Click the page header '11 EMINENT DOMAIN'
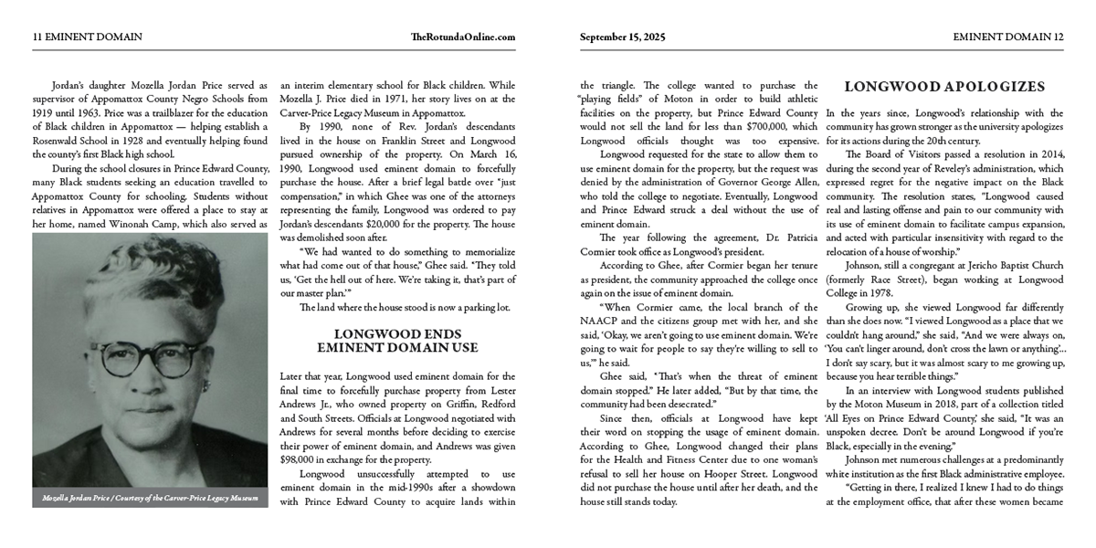pyautogui.click(x=88, y=37)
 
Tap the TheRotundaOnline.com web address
pyautogui.click(x=463, y=37)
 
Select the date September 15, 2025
pyautogui.click(x=623, y=37)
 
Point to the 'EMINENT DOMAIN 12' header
pyautogui.click(x=1008, y=37)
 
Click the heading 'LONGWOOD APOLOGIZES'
pyautogui.click(x=944, y=88)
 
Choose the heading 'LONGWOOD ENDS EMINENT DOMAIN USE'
pyautogui.click(x=397, y=341)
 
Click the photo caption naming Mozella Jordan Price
pyautogui.click(x=151, y=499)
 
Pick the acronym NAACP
pyautogui.click(x=602, y=321)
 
